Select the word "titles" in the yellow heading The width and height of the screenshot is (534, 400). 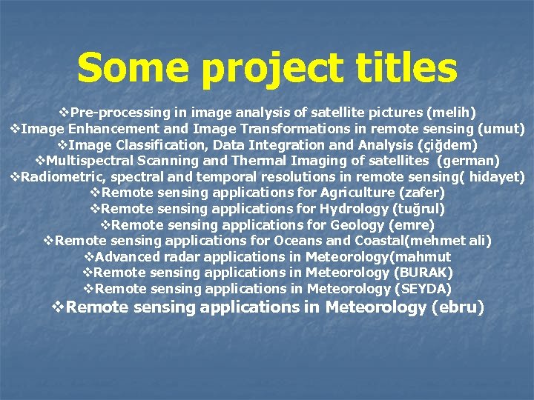pos(406,68)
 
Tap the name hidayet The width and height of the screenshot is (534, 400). pos(495,177)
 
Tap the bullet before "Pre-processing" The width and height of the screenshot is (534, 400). pos(63,113)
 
